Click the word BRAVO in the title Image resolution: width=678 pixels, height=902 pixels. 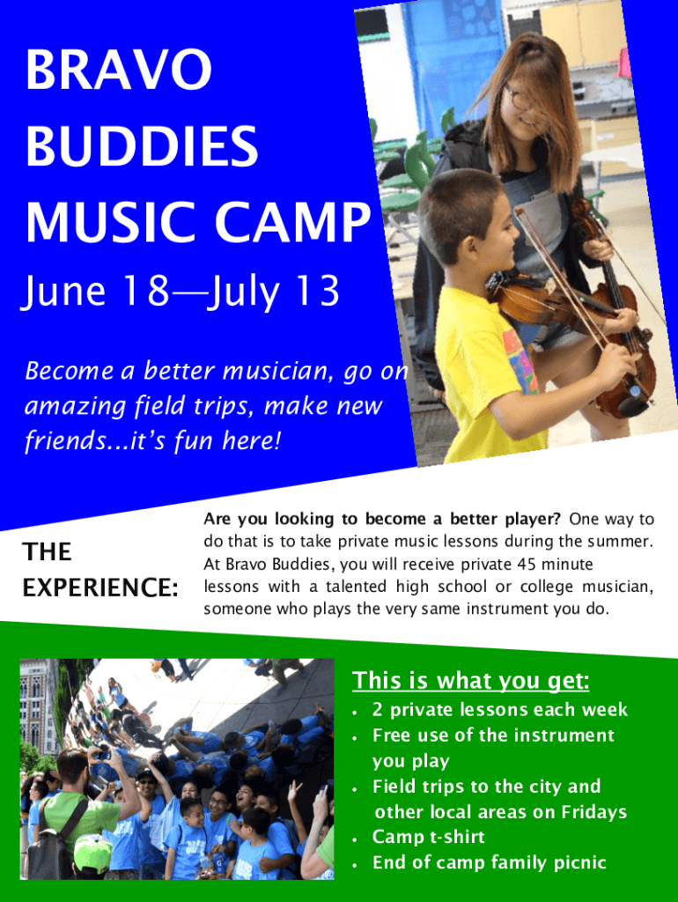pyautogui.click(x=119, y=69)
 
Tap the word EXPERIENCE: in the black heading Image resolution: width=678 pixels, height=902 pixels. pyautogui.click(x=100, y=588)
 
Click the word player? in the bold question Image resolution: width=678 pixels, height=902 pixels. pyautogui.click(x=533, y=520)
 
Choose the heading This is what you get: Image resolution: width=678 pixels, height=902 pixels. pyautogui.click(x=471, y=681)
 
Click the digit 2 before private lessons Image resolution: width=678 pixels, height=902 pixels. pyautogui.click(x=377, y=709)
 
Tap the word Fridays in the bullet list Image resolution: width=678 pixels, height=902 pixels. pyautogui.click(x=594, y=811)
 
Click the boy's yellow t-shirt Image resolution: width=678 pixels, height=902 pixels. pyautogui.click(x=486, y=373)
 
